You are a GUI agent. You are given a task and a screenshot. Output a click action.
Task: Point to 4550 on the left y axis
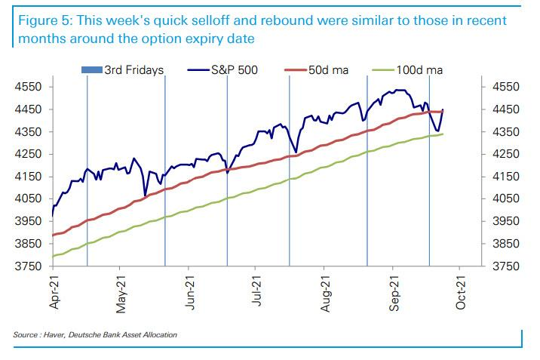pyautogui.click(x=28, y=88)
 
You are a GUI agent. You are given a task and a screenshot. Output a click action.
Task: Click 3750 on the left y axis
pyautogui.click(x=28, y=266)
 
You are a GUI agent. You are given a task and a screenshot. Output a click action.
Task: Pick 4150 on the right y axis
pyautogui.click(x=508, y=177)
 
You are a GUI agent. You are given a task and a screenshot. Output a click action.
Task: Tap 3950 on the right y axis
pyautogui.click(x=508, y=222)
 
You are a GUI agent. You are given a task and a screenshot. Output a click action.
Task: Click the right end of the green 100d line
pyautogui.click(x=443, y=134)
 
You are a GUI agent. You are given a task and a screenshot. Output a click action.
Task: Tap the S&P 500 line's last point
pyautogui.click(x=443, y=110)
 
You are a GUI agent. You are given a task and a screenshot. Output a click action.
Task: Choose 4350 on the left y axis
pyautogui.click(x=28, y=132)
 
